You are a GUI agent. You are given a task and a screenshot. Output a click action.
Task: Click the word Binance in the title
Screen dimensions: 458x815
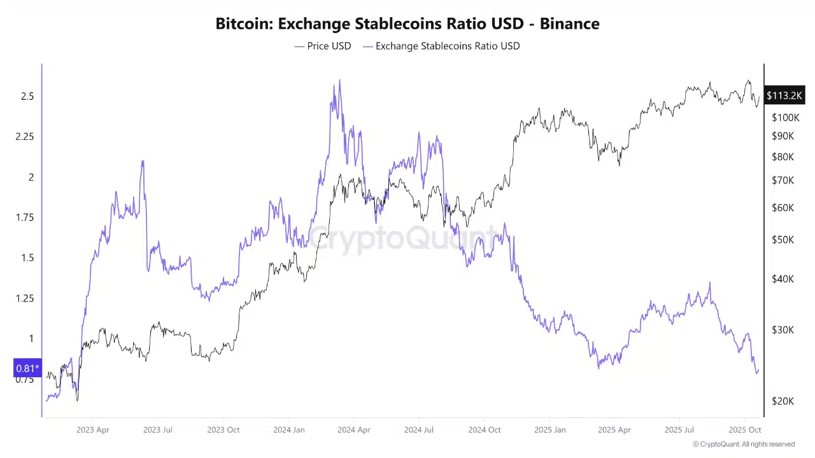pos(569,24)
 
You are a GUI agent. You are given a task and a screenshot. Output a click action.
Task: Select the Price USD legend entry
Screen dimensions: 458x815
pos(323,46)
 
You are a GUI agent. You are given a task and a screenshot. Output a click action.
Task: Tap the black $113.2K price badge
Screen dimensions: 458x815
pos(784,95)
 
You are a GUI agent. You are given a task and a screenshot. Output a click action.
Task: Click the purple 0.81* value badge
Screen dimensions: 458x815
pos(27,368)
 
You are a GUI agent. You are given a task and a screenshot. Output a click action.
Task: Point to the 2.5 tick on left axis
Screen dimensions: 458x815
pos(27,96)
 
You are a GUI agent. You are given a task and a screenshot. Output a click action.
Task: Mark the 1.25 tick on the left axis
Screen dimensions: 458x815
pos(25,298)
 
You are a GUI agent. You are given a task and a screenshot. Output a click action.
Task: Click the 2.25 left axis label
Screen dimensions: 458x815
pos(25,137)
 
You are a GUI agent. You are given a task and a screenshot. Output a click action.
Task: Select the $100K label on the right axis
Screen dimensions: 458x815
pos(785,117)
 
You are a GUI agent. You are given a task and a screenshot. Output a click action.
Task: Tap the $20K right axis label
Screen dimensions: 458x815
pos(783,401)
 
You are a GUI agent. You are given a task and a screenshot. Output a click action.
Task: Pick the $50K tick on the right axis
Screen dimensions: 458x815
pos(783,240)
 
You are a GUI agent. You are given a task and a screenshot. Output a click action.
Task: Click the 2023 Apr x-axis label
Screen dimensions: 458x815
pos(93,430)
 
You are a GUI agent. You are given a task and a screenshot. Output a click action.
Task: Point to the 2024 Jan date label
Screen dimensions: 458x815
pos(289,430)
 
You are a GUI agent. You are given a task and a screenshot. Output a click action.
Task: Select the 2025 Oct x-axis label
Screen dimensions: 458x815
pos(745,430)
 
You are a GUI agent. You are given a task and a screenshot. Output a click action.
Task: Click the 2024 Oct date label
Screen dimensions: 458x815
pos(485,430)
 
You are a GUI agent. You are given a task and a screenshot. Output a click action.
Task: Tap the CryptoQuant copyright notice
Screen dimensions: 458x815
pos(743,444)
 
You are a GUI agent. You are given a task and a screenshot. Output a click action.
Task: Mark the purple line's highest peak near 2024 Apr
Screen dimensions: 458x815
pos(339,81)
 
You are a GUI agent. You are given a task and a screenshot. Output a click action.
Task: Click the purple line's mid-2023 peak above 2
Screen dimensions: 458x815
pos(143,162)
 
